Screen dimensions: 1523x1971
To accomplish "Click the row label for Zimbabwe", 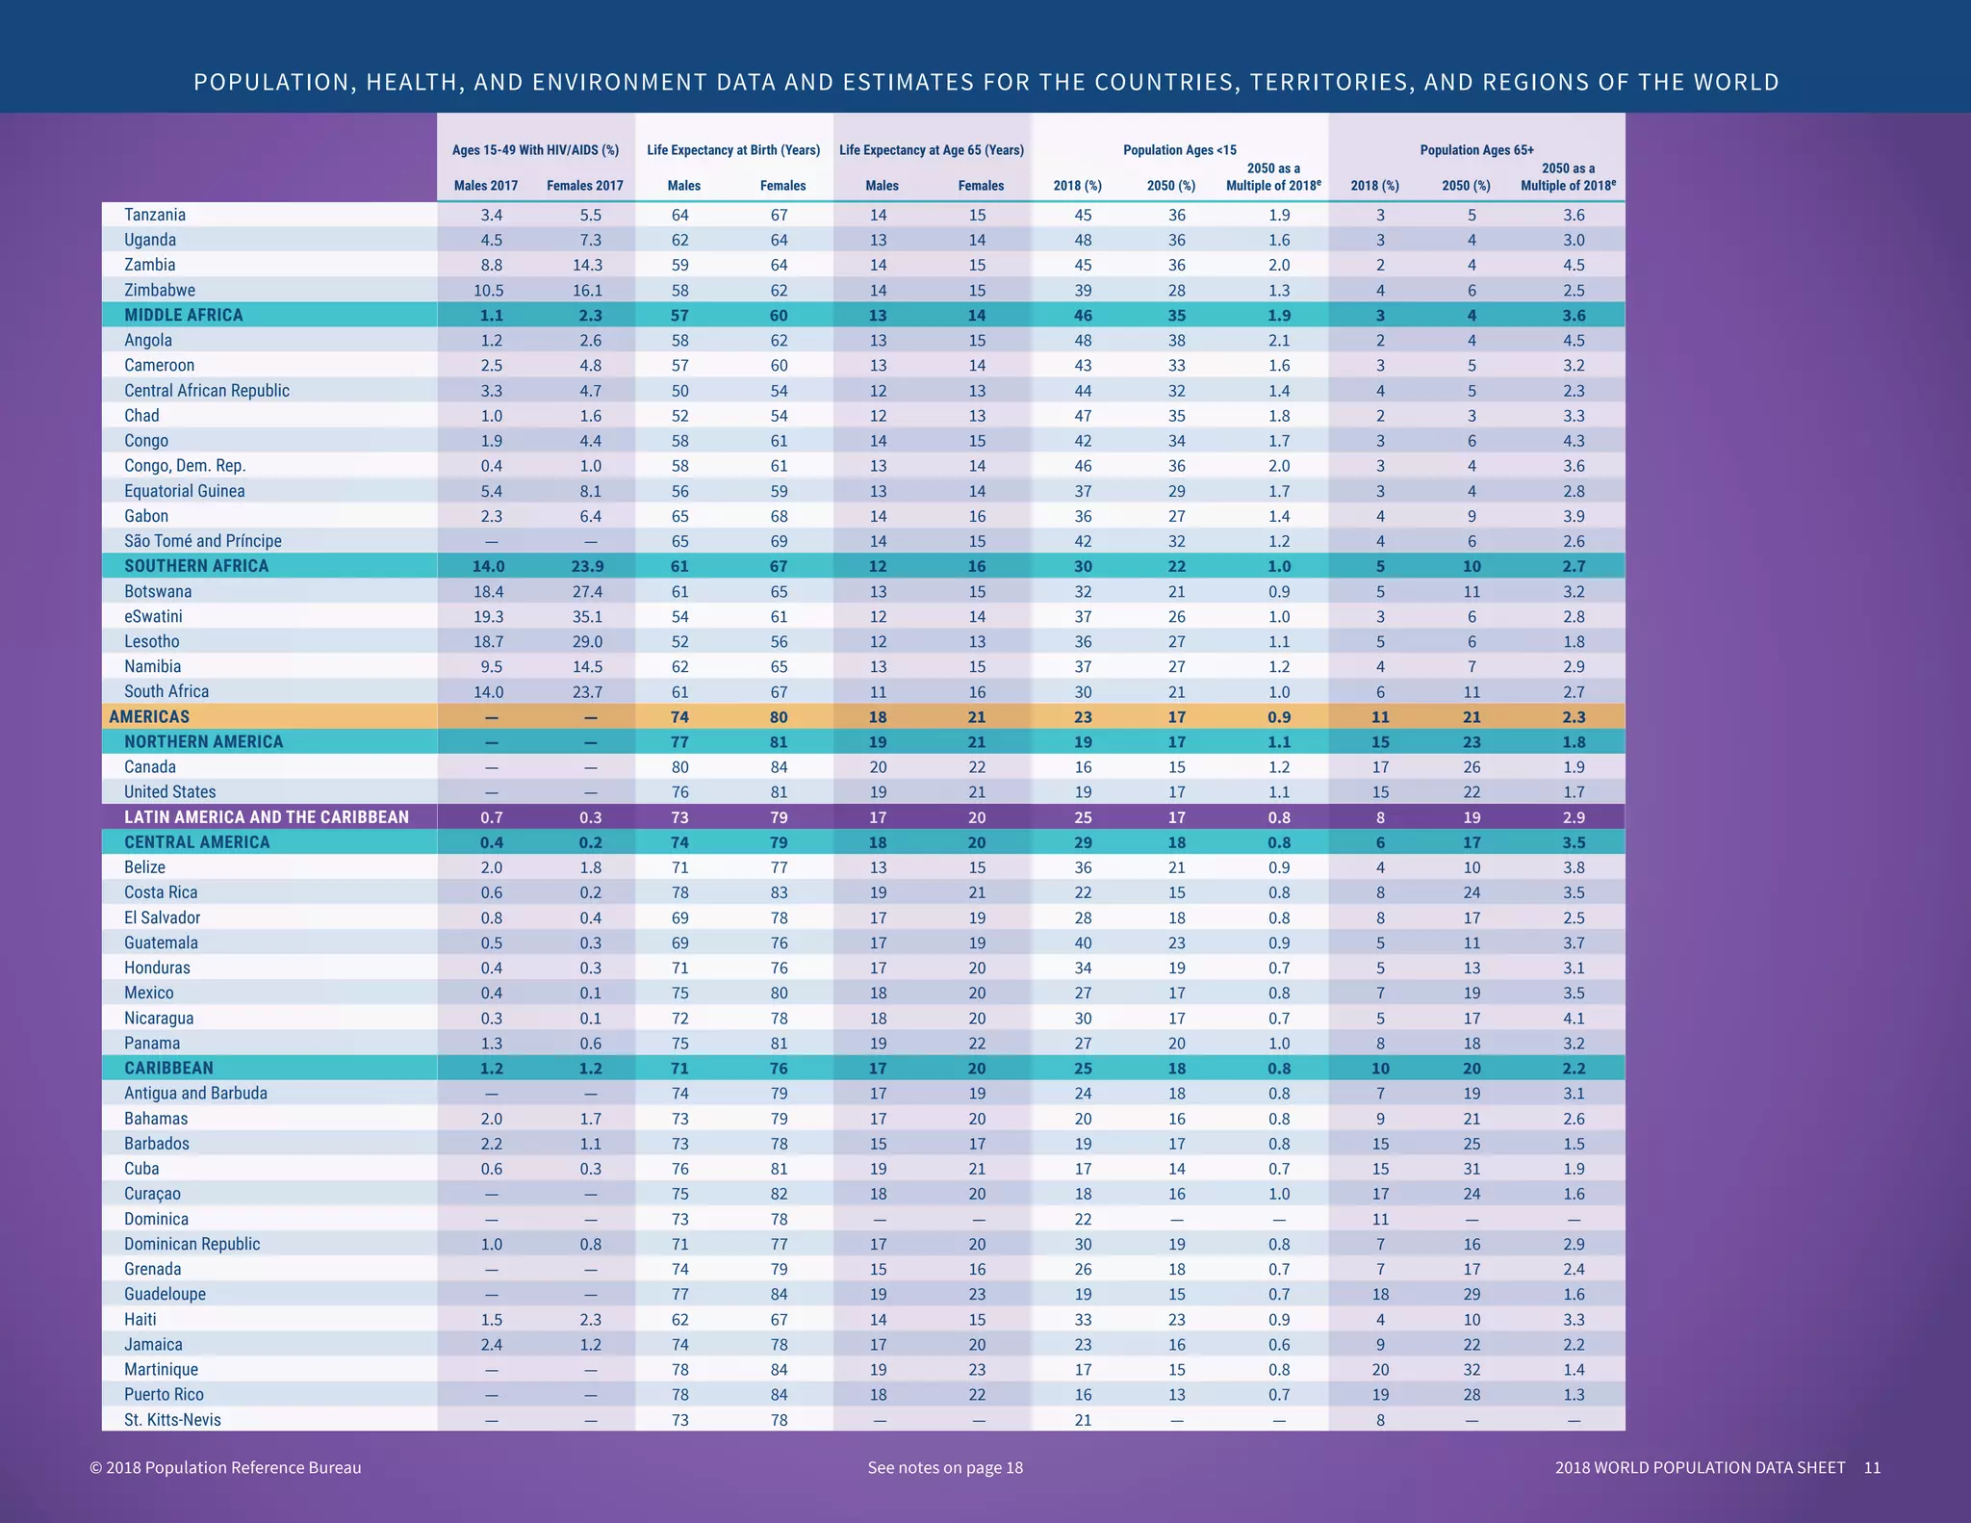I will coord(159,290).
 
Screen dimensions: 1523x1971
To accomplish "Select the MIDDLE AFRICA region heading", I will coord(183,315).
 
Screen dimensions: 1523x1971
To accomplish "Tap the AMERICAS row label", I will coord(149,716).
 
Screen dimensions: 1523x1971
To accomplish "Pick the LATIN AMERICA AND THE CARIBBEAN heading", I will coord(266,817).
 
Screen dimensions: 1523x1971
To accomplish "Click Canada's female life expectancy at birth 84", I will coord(779,767).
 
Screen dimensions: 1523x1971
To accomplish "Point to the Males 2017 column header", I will coord(485,186).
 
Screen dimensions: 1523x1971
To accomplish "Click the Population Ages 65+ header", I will coord(1476,149).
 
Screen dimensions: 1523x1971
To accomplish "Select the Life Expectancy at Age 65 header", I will coord(931,149).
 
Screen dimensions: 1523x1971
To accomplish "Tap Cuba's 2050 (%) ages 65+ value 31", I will coord(1471,1169).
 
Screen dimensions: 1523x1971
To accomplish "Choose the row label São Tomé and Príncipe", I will coord(202,541).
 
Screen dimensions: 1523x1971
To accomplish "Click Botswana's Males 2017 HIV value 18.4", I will coord(491,591).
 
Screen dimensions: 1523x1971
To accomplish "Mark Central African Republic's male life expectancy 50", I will coord(679,391).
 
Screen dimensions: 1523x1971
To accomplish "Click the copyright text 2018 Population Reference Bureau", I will coord(225,1468).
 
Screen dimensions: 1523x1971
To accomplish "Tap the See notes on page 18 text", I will coord(944,1468).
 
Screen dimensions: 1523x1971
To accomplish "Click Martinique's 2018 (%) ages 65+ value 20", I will coord(1379,1370).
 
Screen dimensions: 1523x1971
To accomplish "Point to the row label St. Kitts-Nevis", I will coord(172,1420).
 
